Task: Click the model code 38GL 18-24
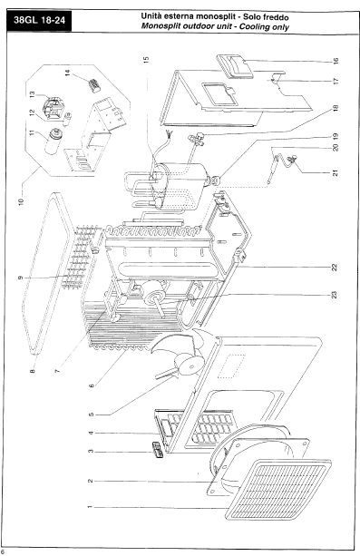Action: click(39, 20)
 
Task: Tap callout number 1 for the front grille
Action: click(90, 507)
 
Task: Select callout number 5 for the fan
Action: click(92, 415)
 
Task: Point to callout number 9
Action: click(20, 278)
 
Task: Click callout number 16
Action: click(336, 61)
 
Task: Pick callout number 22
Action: click(335, 267)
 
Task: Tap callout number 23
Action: click(334, 294)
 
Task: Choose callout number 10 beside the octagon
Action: click(21, 201)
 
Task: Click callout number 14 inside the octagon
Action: click(67, 73)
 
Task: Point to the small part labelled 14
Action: click(94, 85)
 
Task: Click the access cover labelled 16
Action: click(235, 66)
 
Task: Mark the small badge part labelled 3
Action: click(158, 450)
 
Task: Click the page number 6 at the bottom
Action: click(2, 552)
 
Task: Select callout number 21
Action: click(336, 173)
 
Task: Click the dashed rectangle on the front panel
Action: click(231, 366)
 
